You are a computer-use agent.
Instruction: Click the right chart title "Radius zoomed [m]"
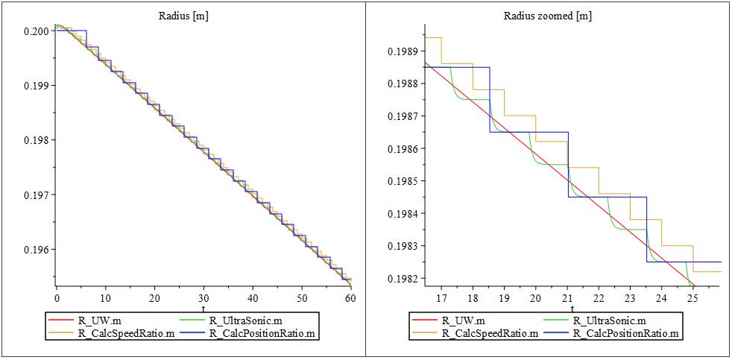coord(548,16)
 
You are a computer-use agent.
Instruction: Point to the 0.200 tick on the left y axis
coord(37,31)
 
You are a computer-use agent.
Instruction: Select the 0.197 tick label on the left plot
coord(37,195)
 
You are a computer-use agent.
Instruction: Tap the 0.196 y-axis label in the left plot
coord(37,250)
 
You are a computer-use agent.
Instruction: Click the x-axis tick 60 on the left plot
coord(350,298)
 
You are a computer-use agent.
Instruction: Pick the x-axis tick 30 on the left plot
coord(203,298)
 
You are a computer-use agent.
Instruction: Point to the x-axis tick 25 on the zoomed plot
coord(692,298)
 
